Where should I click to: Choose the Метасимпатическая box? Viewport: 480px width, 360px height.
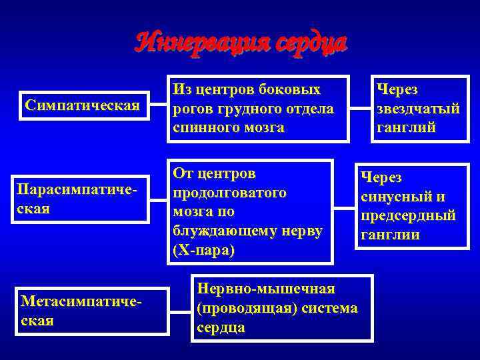[x=92, y=311]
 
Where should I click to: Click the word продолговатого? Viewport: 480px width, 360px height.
[x=229, y=193]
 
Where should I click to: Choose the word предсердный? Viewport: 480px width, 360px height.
[x=408, y=216]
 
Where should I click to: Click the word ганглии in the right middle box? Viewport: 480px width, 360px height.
[x=390, y=235]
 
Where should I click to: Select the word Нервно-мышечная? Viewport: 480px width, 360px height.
[x=266, y=289]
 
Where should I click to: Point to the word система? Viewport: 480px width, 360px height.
[x=333, y=308]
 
